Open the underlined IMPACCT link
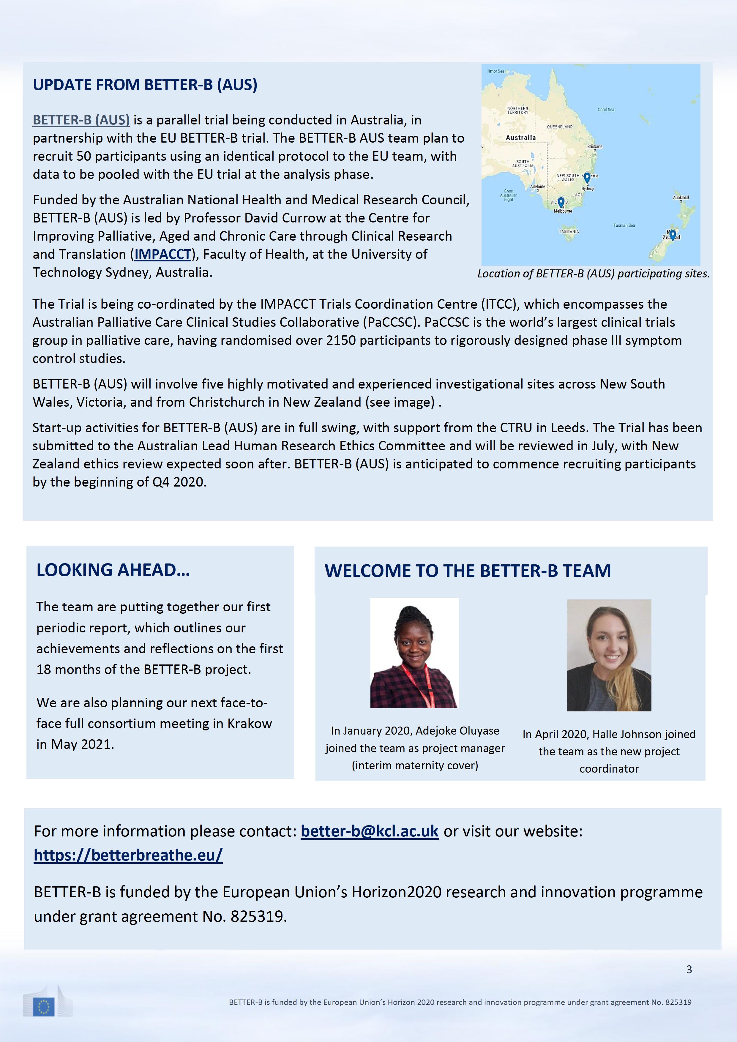tap(163, 254)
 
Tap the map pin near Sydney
tap(587, 177)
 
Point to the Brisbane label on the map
tap(594, 147)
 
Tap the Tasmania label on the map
tap(569, 231)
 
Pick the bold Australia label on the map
tap(520, 138)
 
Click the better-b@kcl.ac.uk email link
tap(370, 831)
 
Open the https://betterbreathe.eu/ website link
tap(128, 855)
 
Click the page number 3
tap(689, 970)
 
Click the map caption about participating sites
tap(593, 274)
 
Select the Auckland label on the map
tap(681, 198)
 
